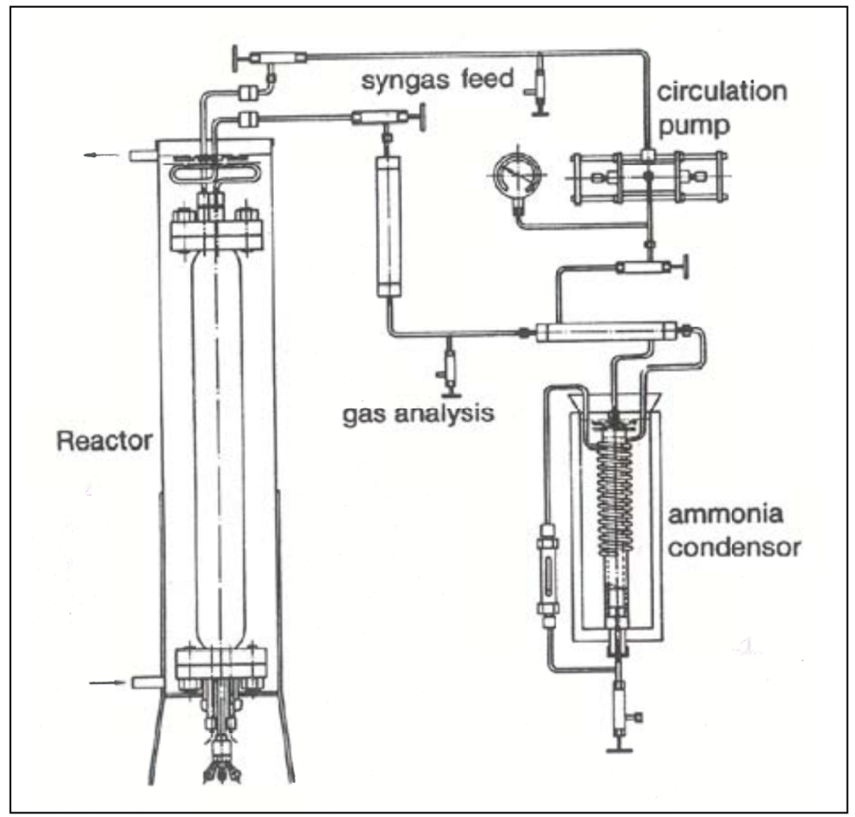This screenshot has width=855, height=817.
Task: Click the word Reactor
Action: pos(104,441)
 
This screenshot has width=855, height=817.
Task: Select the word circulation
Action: pos(722,92)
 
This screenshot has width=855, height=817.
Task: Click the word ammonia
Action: pos(726,515)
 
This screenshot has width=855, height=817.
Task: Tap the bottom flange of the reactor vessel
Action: pos(217,663)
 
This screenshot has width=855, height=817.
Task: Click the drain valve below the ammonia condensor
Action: pos(618,701)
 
